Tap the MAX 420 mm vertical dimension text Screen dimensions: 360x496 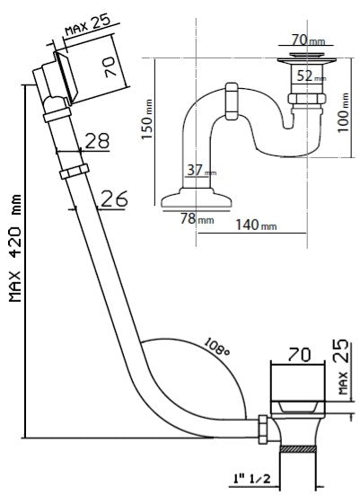click(15, 248)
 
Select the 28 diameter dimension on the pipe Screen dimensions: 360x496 click(97, 141)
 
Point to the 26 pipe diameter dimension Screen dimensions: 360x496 click(115, 199)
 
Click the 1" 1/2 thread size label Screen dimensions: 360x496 click(251, 478)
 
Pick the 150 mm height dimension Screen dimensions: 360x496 click(147, 119)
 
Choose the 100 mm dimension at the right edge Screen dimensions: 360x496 click(343, 112)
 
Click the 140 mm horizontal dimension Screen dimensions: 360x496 click(256, 225)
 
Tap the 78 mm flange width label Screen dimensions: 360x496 click(197, 218)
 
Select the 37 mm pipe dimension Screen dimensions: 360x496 click(201, 171)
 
